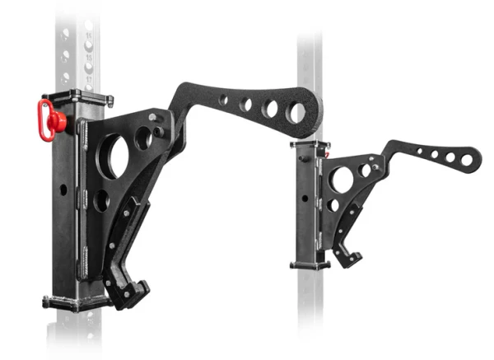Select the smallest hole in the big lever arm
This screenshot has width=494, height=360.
224,100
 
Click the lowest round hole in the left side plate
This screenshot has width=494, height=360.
100,200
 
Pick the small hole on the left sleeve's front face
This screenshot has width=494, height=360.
63,189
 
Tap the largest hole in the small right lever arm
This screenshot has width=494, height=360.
467,160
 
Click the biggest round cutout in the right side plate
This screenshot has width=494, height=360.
341,178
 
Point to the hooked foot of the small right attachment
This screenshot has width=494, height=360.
350,258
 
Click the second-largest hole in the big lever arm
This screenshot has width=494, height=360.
269,109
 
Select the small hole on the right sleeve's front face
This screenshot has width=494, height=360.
305,198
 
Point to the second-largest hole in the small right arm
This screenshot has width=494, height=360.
450,157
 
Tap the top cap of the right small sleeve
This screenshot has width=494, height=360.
309,144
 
